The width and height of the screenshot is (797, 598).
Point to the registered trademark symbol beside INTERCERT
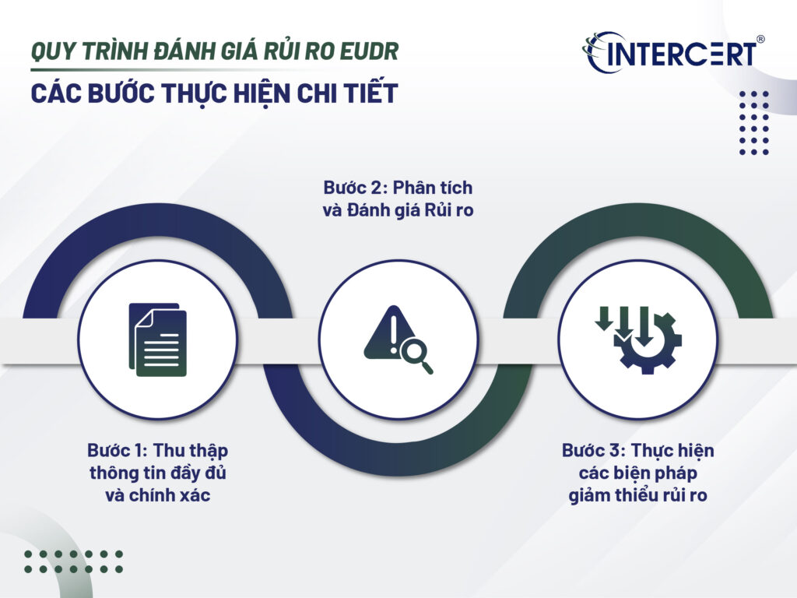coord(760,37)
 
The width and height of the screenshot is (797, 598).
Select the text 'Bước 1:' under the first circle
coord(118,451)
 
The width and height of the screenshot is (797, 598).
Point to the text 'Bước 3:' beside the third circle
coord(593,451)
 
